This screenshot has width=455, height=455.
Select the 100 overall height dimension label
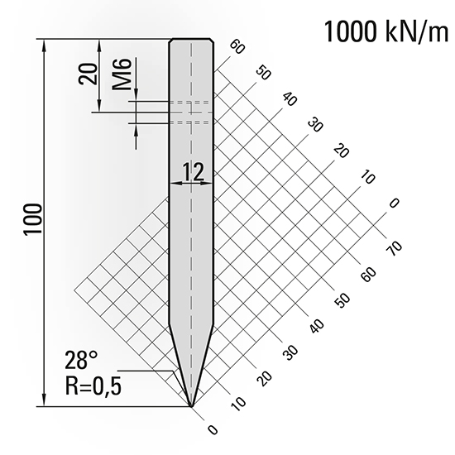pos(33,220)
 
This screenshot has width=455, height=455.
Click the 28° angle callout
pos(82,360)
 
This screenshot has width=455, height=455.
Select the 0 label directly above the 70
pos(394,203)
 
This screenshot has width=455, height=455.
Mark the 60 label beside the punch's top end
pos(239,47)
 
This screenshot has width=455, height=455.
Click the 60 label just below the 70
pos(368,272)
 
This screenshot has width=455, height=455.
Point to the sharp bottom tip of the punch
pos(191,406)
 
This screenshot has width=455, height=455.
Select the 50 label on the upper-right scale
pos(265,73)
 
